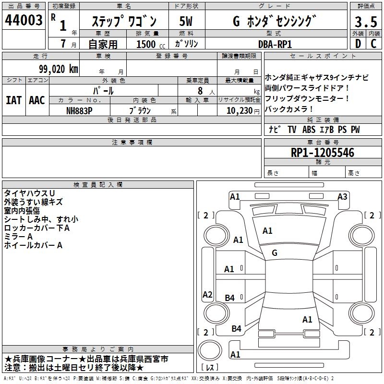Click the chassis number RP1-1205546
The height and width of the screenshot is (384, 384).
tap(323, 153)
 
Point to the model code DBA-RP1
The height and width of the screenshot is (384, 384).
tap(275, 44)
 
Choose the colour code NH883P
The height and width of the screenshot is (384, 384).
tap(80, 110)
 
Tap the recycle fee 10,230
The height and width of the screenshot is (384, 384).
tap(237, 110)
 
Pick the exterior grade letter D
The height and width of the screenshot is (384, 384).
tap(357, 44)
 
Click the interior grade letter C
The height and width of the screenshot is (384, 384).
tap(373, 44)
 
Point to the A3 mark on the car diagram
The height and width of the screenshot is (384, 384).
tap(342, 196)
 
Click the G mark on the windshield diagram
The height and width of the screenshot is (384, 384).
tap(275, 252)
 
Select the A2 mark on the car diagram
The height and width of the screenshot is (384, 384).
tap(207, 295)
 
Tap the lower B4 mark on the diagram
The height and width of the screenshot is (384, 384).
tap(236, 328)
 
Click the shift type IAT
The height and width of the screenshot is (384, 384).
tap(13, 100)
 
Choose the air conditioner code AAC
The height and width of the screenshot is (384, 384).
tap(36, 100)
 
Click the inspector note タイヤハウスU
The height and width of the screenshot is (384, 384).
tap(30, 193)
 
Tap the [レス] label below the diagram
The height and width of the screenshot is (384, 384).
tap(210, 368)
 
